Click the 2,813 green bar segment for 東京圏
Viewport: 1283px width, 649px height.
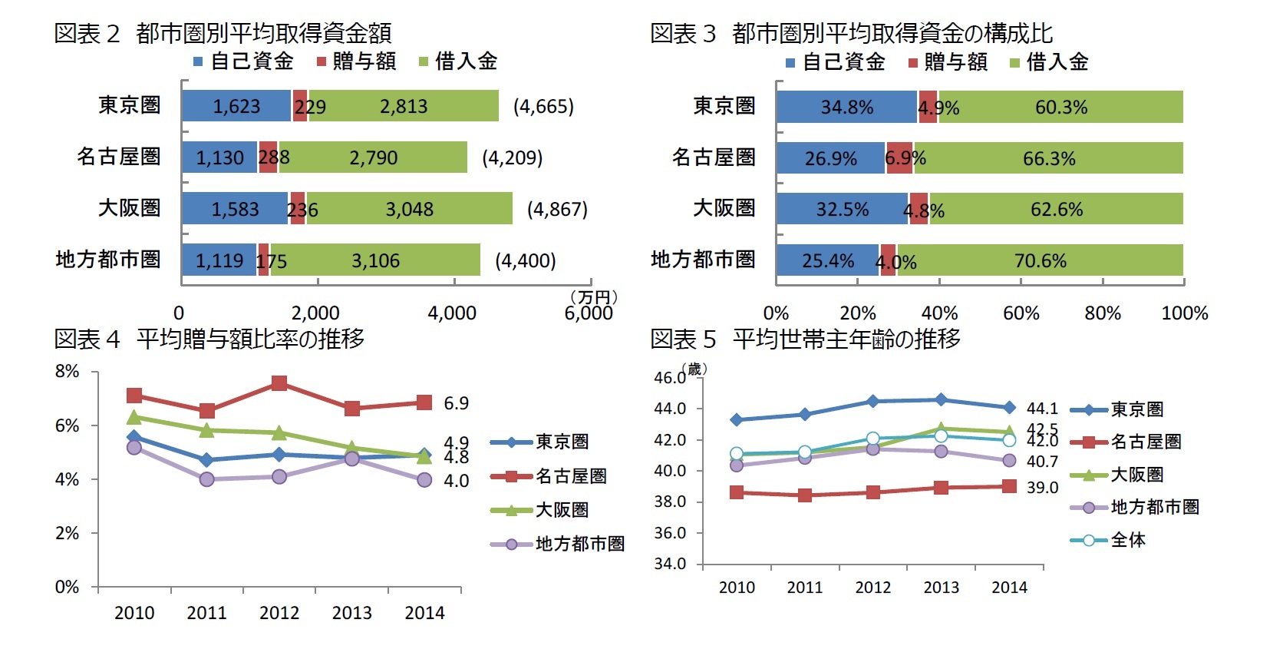pos(404,106)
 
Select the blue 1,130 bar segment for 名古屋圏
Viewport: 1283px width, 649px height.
pos(219,157)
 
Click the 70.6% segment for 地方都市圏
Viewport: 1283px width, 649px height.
pos(1040,260)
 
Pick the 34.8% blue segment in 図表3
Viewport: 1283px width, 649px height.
pos(846,107)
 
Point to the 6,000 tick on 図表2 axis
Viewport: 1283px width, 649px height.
pos(589,313)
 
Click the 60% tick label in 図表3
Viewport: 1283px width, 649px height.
pos(1021,313)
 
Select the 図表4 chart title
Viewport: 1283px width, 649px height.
pos(209,339)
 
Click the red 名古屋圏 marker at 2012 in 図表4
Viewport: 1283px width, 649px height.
pos(279,383)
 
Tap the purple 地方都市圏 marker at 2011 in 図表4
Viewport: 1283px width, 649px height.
pos(206,479)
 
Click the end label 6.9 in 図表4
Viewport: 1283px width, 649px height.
pos(456,403)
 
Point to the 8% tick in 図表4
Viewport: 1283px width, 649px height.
pos(67,372)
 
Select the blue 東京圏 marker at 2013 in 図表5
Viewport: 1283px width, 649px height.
pos(942,399)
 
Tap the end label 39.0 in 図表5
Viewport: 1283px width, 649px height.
pos(1042,488)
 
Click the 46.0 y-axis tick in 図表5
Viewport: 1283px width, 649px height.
pos(669,378)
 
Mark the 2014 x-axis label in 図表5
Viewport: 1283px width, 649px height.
pos(1009,588)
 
